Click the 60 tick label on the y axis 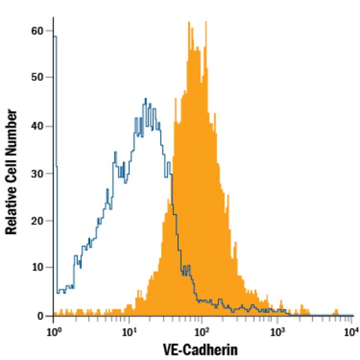(38, 31)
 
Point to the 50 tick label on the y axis (38, 78)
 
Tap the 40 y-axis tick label (38, 126)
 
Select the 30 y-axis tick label (38, 173)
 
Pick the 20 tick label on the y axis (38, 221)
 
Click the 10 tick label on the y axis (38, 268)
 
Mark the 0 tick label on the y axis (40, 316)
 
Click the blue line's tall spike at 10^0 (55, 37)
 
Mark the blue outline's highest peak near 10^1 (146, 99)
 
